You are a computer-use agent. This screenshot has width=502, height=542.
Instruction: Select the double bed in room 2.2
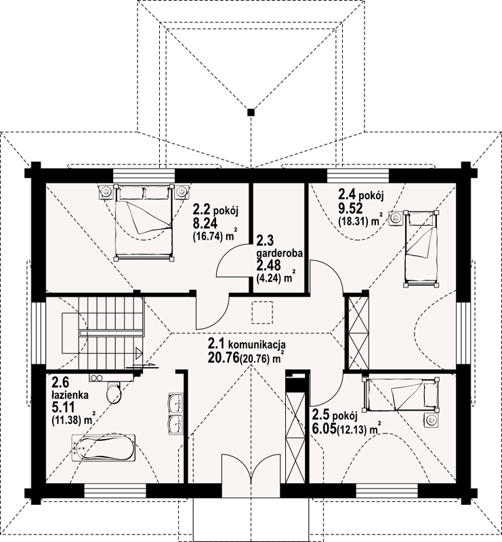(x=144, y=223)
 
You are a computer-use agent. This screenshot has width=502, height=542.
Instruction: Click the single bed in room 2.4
(x=421, y=248)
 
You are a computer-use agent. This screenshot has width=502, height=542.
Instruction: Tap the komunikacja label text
(x=257, y=344)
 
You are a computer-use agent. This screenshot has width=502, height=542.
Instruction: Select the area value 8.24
(x=205, y=224)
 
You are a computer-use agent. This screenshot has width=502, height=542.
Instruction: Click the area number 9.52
(x=350, y=209)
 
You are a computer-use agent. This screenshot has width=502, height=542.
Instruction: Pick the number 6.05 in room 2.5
(x=325, y=429)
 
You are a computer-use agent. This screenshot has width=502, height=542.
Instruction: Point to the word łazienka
(x=70, y=395)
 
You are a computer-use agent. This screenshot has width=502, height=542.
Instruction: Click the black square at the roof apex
(x=251, y=112)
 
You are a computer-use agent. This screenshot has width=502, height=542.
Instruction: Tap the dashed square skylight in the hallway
(x=262, y=312)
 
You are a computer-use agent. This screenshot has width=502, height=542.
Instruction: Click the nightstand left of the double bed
(x=106, y=192)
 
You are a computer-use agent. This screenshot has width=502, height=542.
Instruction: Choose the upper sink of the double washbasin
(x=176, y=402)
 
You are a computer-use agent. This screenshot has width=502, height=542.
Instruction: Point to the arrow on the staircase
(x=140, y=353)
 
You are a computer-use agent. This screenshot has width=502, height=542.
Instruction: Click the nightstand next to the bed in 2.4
(x=396, y=217)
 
